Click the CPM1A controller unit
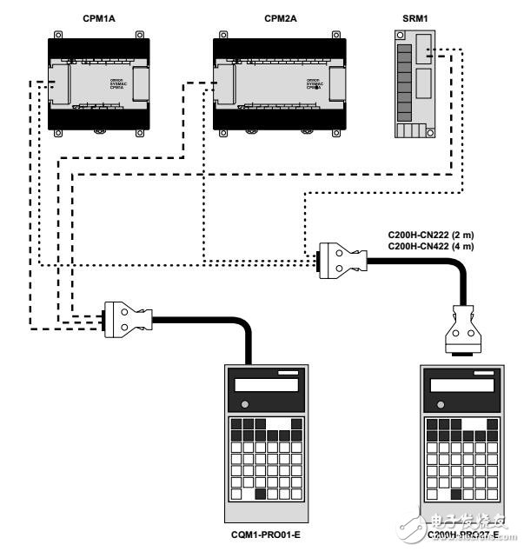tap(96, 83)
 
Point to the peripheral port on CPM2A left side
tap(224, 88)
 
